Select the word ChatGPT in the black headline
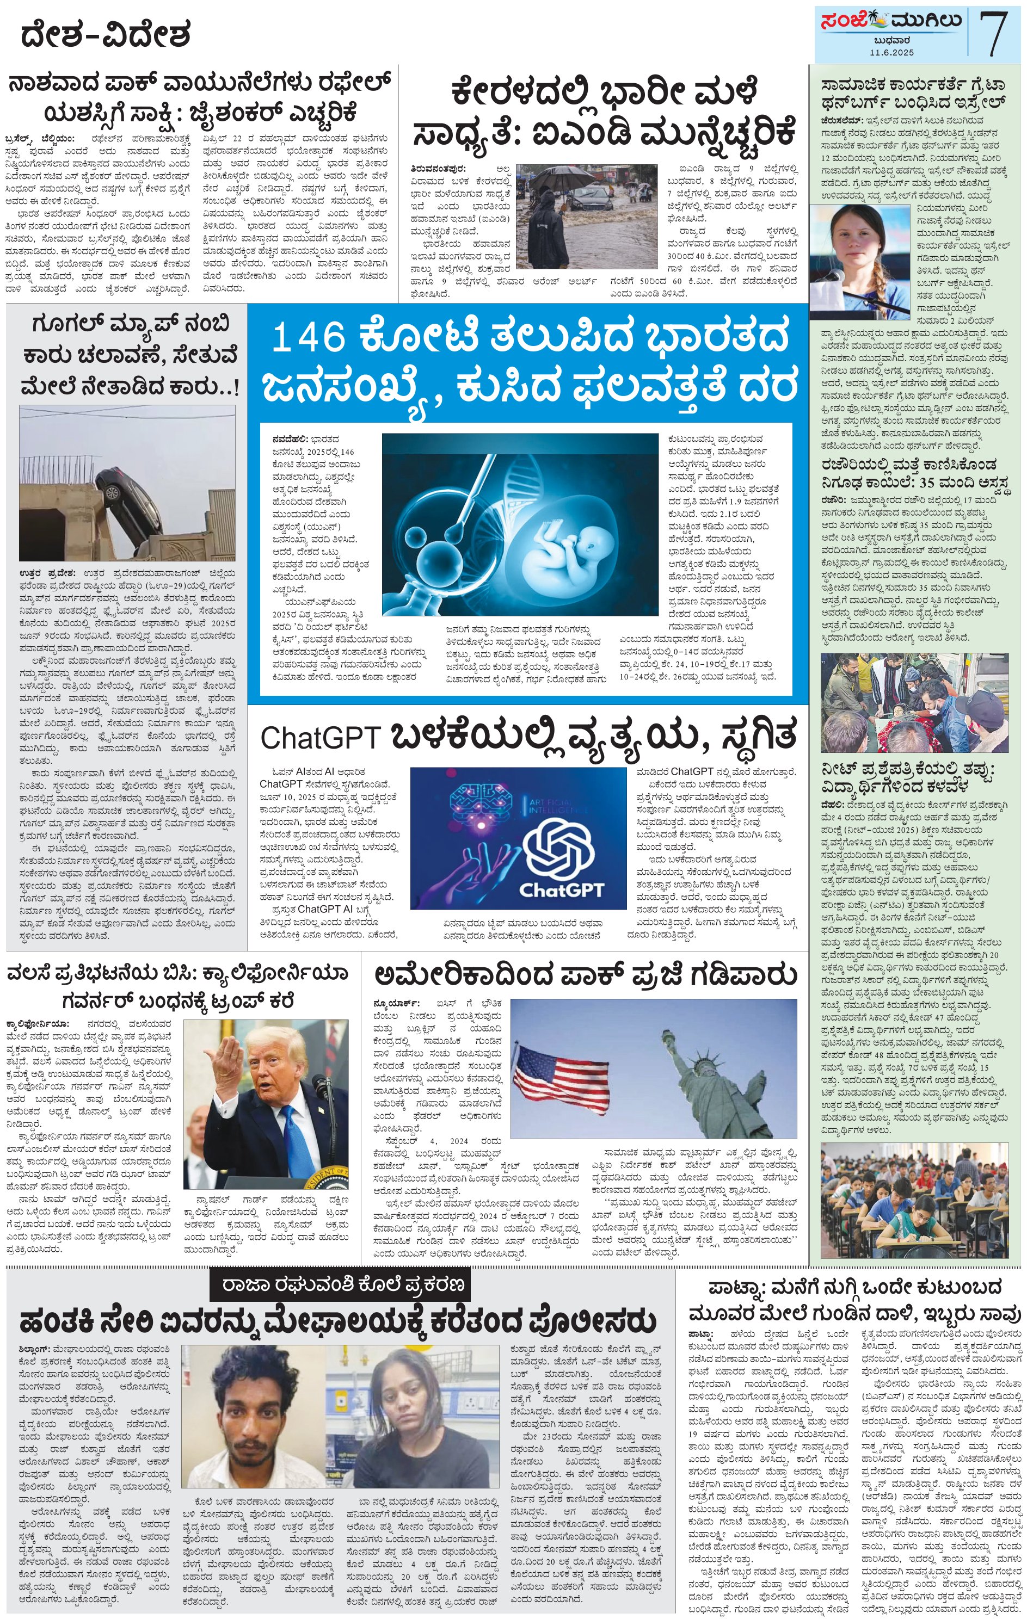pyautogui.click(x=320, y=738)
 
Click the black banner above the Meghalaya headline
pyautogui.click(x=339, y=1286)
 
